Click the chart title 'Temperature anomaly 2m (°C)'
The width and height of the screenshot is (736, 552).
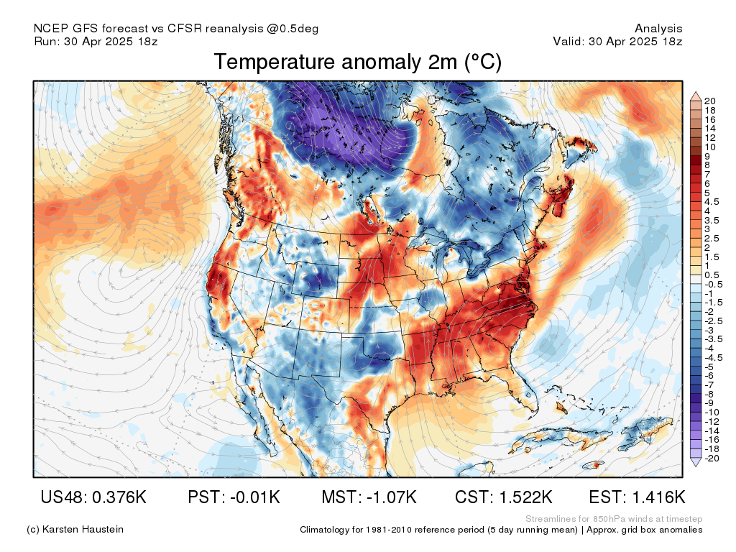[357, 63]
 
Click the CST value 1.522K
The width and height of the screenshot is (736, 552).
[524, 497]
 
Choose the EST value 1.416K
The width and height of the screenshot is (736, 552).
[657, 497]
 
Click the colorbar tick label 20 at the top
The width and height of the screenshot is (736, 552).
[710, 101]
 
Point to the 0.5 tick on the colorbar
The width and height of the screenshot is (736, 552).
[712, 275]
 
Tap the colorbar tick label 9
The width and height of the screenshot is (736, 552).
[708, 156]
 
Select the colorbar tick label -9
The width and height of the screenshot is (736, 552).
[710, 403]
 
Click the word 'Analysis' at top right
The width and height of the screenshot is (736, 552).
[658, 29]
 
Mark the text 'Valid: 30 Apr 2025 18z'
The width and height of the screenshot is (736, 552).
[617, 42]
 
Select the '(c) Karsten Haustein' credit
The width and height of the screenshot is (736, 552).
[75, 530]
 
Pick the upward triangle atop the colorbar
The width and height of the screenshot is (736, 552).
[695, 96]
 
